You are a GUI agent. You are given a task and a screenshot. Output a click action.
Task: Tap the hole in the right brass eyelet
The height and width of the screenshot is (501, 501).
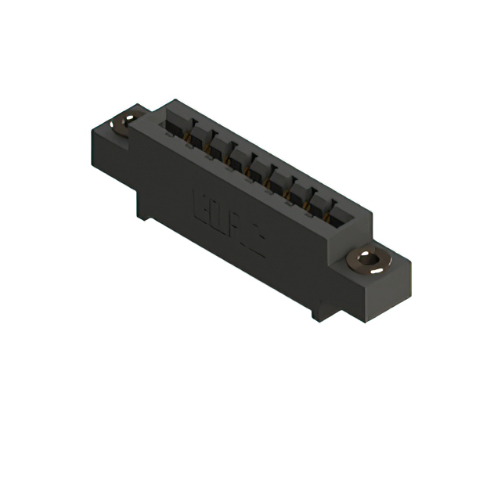click(x=368, y=258)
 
